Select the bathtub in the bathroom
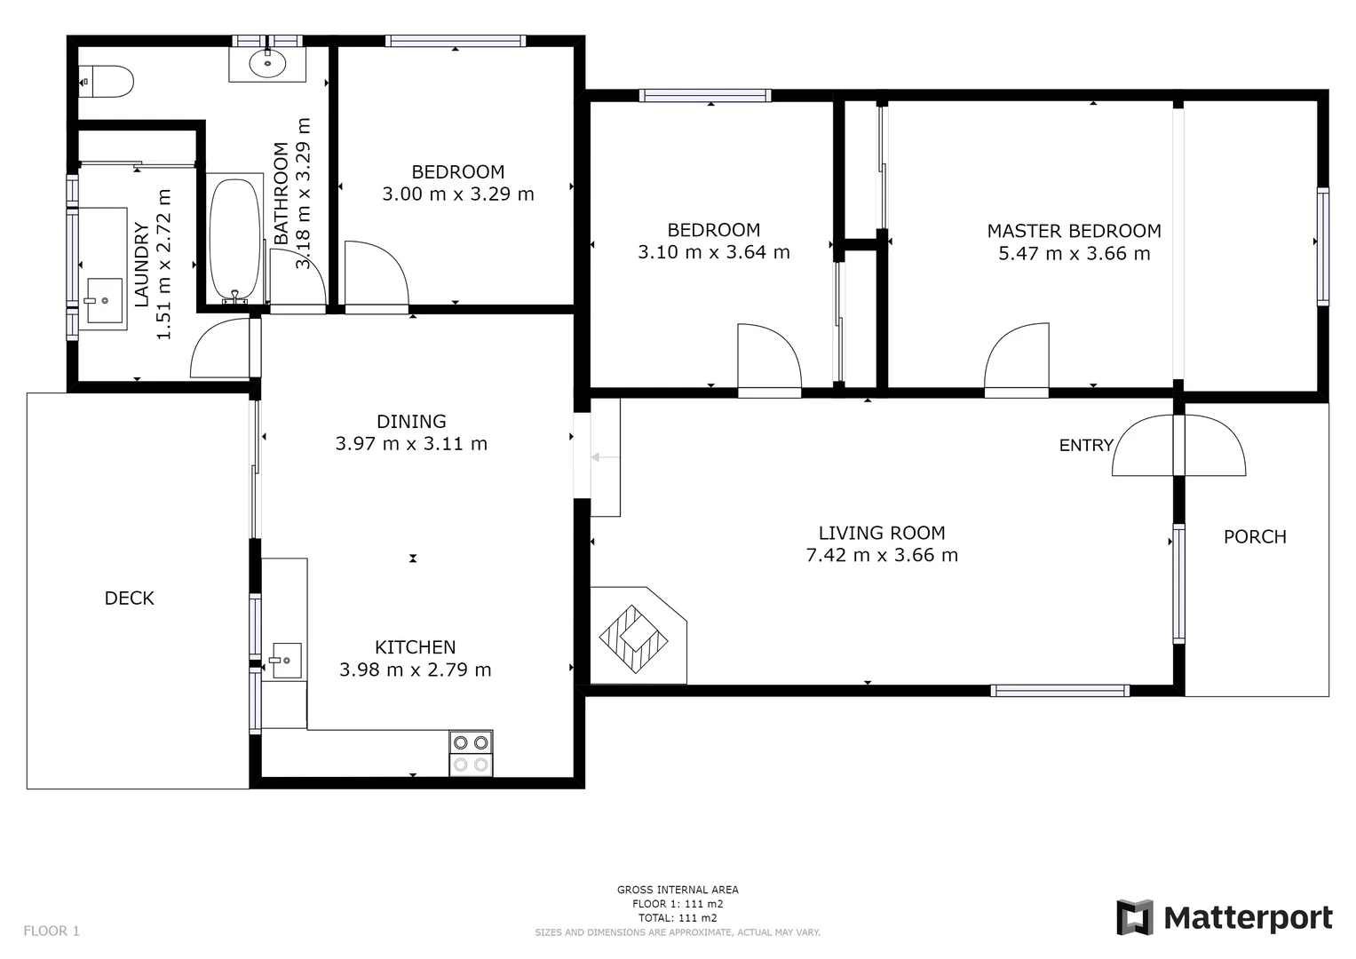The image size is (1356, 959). pos(234,238)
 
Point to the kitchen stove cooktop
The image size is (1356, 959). pos(471,753)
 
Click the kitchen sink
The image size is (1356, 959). pos(286,661)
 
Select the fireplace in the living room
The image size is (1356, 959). pos(634,637)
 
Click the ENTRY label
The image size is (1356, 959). pos(1085,446)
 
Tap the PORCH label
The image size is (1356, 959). pos(1254,536)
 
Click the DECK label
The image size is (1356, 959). pos(130,598)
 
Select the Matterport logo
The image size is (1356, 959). pos(1225,917)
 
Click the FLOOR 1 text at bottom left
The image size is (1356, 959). pos(52,931)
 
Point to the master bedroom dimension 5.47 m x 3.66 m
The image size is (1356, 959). pos(1074,254)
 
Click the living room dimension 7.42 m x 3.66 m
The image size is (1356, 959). pos(881,556)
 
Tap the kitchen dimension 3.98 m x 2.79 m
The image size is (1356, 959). pos(415,670)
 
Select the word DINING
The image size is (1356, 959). pos(411,422)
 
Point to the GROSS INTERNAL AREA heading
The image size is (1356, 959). pos(678,890)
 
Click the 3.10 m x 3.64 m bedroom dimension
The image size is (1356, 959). pos(713,252)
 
